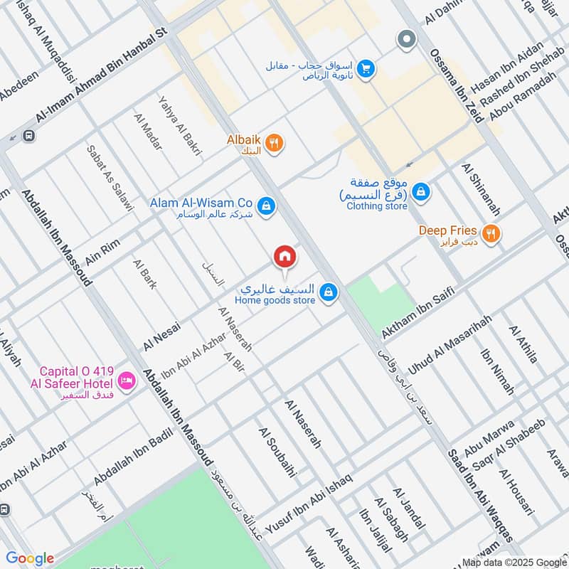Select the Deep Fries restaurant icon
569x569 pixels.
pyautogui.click(x=490, y=233)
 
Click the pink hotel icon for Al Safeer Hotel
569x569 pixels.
pyautogui.click(x=127, y=381)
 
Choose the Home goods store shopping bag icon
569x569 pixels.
pyautogui.click(x=328, y=292)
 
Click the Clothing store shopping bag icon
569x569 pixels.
pyautogui.click(x=421, y=191)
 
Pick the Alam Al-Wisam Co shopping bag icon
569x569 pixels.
pyautogui.click(x=266, y=206)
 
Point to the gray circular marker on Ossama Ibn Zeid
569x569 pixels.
pyautogui.click(x=407, y=39)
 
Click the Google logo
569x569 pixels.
pyautogui.click(x=30, y=558)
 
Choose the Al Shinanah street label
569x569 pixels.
pyautogui.click(x=482, y=190)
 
